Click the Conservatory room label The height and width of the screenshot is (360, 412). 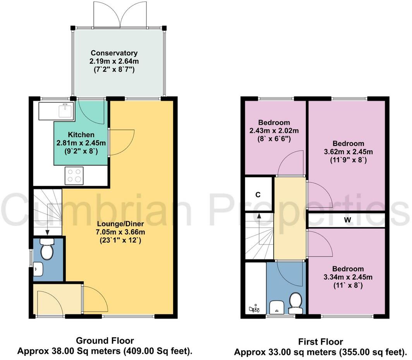114,53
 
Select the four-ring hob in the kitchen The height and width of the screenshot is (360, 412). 74,176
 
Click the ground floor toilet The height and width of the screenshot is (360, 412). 47,249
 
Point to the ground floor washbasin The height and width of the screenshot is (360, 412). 38,269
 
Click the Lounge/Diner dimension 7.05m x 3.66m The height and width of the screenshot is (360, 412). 120,232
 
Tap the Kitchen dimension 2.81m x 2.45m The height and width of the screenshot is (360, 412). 81,143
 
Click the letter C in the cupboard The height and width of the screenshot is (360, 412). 258,195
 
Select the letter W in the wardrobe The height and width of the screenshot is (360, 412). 347,220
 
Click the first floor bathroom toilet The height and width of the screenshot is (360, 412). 295,303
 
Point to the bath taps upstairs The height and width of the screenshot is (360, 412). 254,309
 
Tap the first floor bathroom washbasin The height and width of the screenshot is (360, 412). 277,307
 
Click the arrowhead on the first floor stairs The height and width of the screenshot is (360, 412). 259,216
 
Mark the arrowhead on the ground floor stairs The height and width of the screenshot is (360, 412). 48,232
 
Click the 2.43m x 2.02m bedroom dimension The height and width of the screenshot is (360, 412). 274,130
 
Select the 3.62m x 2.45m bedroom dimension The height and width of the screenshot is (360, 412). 348,151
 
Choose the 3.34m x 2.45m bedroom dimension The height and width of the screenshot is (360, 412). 348,277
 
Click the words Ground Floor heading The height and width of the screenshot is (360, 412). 105,341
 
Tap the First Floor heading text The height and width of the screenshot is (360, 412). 321,342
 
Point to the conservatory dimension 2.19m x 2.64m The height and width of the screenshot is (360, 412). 114,62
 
